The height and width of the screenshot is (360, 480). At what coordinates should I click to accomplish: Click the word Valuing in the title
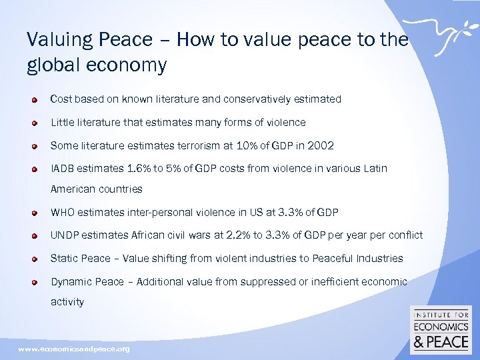pyautogui.click(x=55, y=40)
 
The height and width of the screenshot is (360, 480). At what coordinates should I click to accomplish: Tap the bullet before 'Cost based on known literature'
pyautogui.click(x=33, y=99)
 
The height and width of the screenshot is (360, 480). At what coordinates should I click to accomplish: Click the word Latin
pyautogui.click(x=374, y=169)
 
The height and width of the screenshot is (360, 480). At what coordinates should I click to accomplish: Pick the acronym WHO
pyautogui.click(x=63, y=213)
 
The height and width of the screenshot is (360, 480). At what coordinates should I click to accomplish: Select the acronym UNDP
pyautogui.click(x=65, y=235)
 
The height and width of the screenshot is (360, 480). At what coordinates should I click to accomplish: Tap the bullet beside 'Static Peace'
pyautogui.click(x=33, y=259)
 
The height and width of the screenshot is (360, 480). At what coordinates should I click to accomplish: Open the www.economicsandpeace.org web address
pyautogui.click(x=74, y=349)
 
